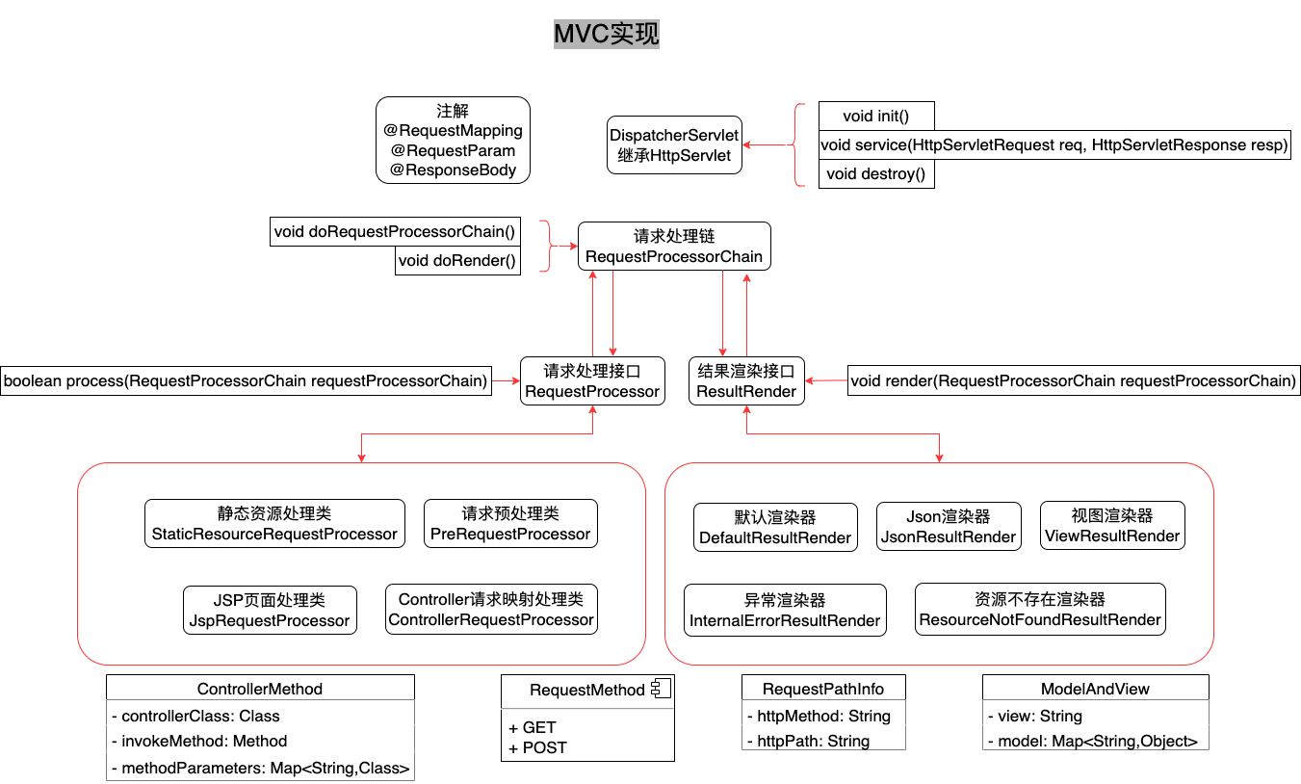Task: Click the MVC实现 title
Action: [x=606, y=35]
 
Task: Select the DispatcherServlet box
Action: [x=674, y=144]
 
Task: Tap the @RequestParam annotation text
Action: [x=453, y=150]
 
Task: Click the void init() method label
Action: [x=875, y=117]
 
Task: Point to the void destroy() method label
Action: [x=875, y=174]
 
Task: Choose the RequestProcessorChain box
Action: [x=674, y=247]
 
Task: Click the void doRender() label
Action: [x=457, y=260]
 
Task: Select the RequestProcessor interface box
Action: [x=592, y=381]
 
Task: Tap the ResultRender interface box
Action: [x=747, y=381]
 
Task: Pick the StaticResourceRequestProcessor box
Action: [x=274, y=524]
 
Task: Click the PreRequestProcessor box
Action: [x=510, y=524]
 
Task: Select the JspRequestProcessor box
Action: [x=270, y=611]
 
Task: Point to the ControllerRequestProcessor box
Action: [x=491, y=610]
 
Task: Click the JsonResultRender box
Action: [x=949, y=527]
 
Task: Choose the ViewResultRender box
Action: [x=1112, y=526]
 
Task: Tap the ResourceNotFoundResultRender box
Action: [x=1040, y=610]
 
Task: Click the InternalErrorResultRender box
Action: [x=785, y=611]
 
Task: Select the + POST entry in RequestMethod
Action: [x=538, y=747]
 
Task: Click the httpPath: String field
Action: [x=814, y=741]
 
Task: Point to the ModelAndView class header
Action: [x=1095, y=689]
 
